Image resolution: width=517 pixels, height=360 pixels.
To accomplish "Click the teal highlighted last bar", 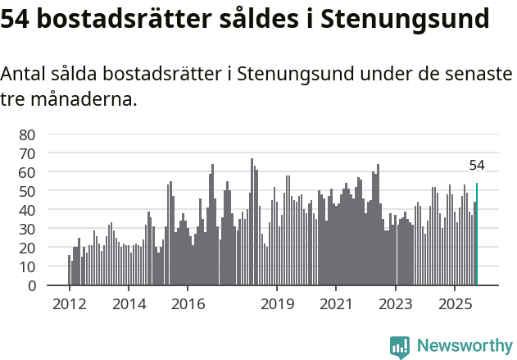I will pyautogui.click(x=477, y=235).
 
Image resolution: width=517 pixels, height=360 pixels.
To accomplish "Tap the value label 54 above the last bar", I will pyautogui.click(x=477, y=166).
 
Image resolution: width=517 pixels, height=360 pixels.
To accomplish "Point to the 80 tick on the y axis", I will pyautogui.click(x=27, y=134).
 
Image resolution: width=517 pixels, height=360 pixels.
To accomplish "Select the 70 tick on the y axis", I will pyautogui.click(x=27, y=153).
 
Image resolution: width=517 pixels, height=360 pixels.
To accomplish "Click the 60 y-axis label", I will pyautogui.click(x=27, y=172).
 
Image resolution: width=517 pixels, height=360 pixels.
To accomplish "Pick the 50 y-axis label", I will pyautogui.click(x=27, y=191).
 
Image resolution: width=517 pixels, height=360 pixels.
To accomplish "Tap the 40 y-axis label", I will pyautogui.click(x=27, y=210).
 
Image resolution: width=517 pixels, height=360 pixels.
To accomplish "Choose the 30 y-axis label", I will pyautogui.click(x=27, y=229).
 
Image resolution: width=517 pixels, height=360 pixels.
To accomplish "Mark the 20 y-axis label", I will pyautogui.click(x=27, y=248).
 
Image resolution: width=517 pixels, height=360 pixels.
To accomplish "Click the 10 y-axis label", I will pyautogui.click(x=27, y=267).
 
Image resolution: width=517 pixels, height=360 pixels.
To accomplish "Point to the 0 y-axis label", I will pyautogui.click(x=31, y=285).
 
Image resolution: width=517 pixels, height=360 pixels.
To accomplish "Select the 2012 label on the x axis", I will pyautogui.click(x=69, y=305).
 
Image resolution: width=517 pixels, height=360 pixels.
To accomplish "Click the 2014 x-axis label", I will pyautogui.click(x=129, y=305).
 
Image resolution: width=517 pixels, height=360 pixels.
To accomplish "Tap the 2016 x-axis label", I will pyautogui.click(x=188, y=305).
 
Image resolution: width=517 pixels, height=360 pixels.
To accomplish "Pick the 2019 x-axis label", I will pyautogui.click(x=277, y=305).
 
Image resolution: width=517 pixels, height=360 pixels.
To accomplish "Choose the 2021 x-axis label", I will pyautogui.click(x=336, y=305).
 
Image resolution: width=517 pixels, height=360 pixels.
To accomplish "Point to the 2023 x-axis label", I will pyautogui.click(x=396, y=305).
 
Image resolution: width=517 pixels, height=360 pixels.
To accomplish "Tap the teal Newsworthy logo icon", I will pyautogui.click(x=400, y=346).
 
